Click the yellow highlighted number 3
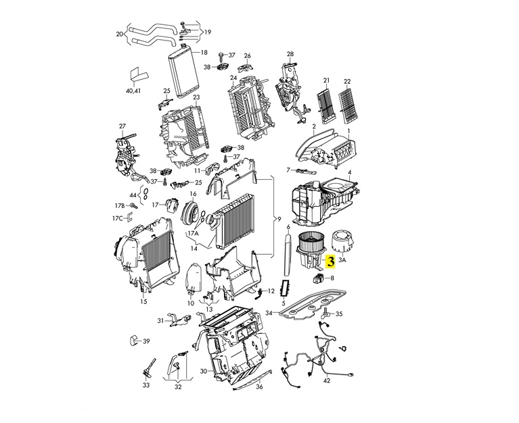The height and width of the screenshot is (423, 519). point(331,259)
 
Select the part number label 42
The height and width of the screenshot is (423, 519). point(326,381)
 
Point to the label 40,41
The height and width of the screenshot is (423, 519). point(133,90)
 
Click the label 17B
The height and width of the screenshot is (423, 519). point(120,205)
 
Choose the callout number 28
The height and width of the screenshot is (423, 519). point(290,54)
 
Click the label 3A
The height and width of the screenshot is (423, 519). point(342,259)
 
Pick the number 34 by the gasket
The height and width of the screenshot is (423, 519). point(269,313)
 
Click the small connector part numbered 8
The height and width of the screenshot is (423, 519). point(317,276)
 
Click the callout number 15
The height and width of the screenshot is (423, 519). point(143,301)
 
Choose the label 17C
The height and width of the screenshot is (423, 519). point(118,218)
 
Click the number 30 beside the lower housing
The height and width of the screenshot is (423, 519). point(204,371)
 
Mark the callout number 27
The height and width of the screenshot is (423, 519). point(122,126)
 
